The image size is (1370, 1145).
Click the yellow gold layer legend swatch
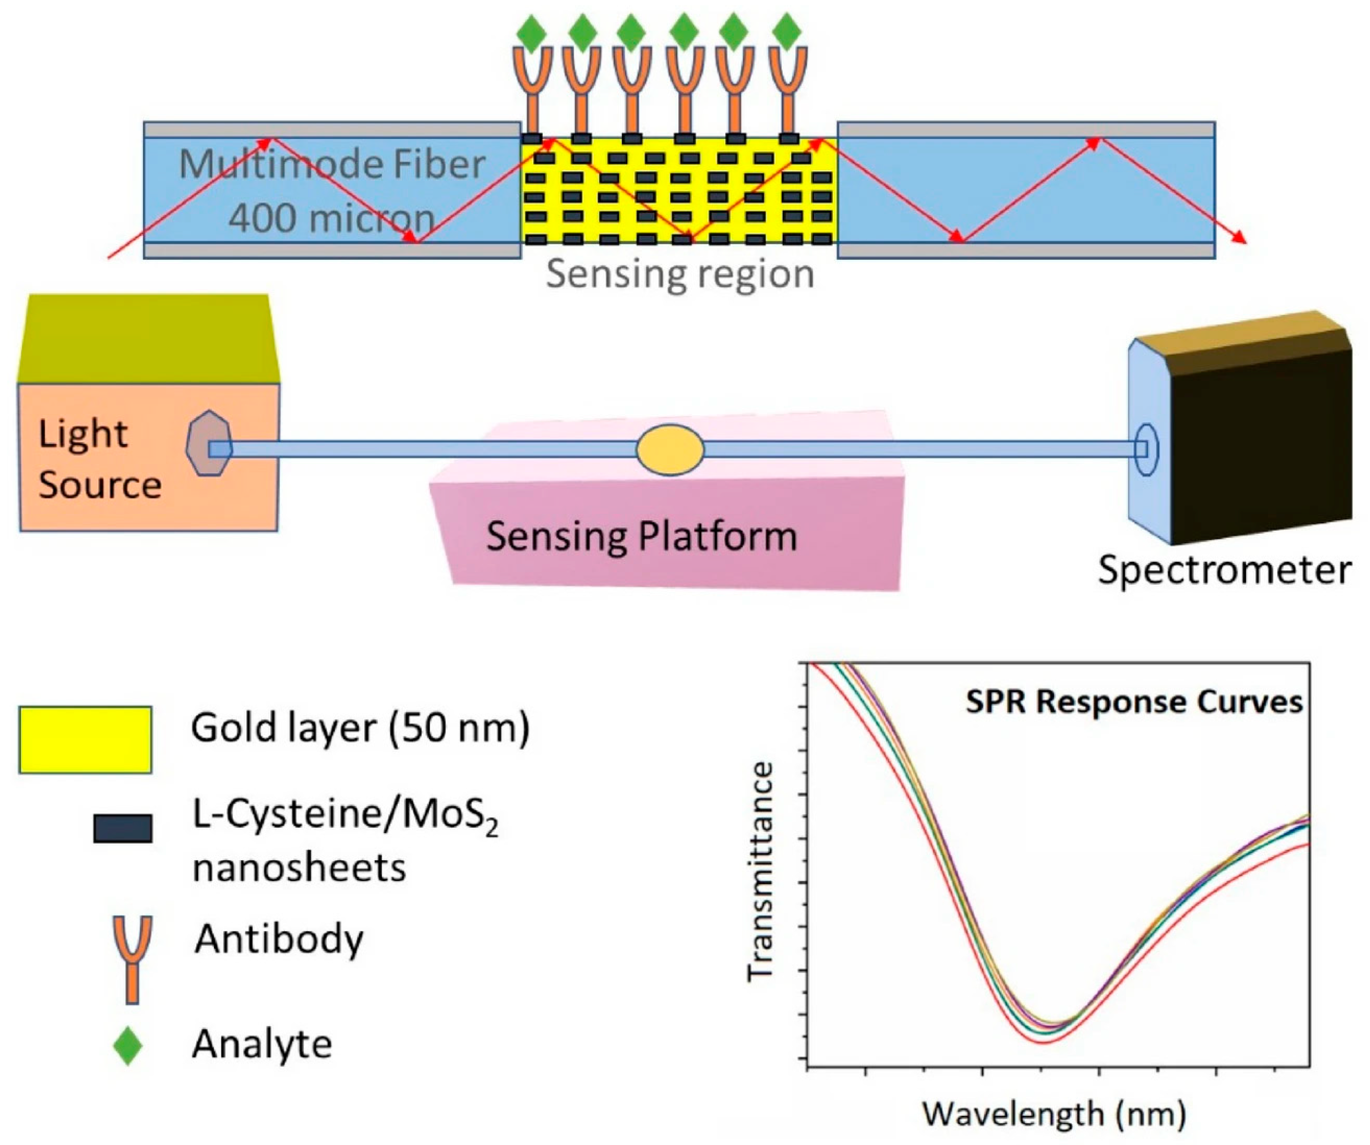click(85, 739)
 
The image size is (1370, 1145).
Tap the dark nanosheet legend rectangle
click(123, 828)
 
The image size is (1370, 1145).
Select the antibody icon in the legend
click(132, 957)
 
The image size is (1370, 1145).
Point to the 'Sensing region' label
click(680, 274)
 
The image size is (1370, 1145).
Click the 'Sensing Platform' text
click(641, 536)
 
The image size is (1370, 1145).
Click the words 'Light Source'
click(99, 459)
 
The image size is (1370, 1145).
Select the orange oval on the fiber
click(670, 449)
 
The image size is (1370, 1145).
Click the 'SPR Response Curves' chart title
click(1134, 702)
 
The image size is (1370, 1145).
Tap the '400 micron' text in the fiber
click(332, 217)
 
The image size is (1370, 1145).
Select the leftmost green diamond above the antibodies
click(531, 31)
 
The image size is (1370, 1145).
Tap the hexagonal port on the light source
click(209, 443)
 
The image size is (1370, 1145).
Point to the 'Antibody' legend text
click(278, 939)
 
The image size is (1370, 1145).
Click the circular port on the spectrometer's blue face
click(1146, 449)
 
